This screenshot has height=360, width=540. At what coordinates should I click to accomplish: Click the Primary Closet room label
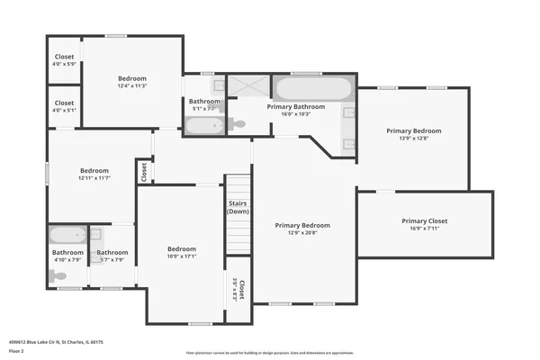[x=424, y=220]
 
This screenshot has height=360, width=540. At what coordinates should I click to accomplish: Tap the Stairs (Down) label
[x=238, y=208]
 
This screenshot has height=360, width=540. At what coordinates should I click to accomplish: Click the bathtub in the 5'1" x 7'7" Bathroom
[x=204, y=125]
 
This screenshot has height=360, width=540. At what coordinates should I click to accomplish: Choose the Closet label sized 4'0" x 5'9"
[x=64, y=64]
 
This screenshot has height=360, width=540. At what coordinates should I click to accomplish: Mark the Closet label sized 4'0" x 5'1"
[x=64, y=111]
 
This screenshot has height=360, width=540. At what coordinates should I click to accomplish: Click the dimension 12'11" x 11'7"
[x=94, y=178]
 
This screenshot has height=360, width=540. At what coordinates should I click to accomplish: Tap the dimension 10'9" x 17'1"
[x=181, y=256]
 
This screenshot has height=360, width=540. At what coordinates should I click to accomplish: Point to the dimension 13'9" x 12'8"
[x=414, y=139]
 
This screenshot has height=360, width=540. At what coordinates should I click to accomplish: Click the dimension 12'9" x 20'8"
[x=302, y=233]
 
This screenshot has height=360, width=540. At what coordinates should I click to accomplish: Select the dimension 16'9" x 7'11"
[x=424, y=229]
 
